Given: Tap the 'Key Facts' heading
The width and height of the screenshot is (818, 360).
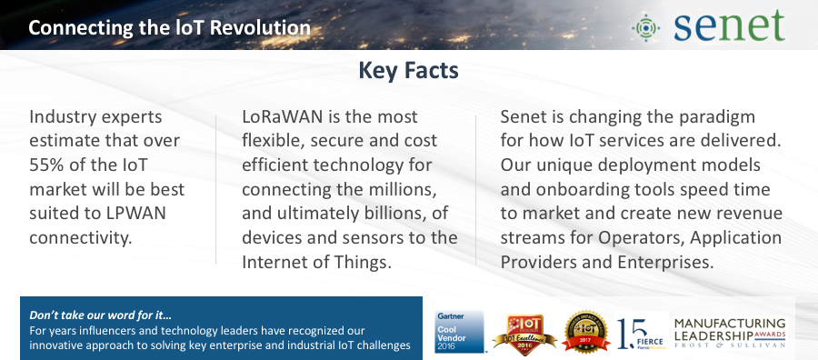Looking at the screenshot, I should click(408, 70).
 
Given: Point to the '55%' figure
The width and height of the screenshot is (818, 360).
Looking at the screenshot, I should click(50, 166).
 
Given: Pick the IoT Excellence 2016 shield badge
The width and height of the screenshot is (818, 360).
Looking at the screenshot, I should click(514, 333).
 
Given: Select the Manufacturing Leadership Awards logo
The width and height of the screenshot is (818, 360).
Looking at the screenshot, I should click(730, 333).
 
